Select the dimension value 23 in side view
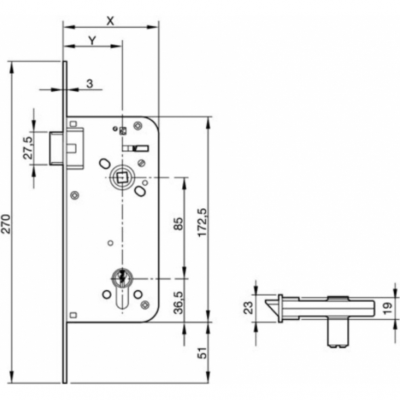click(249, 308)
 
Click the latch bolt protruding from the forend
click(58, 148)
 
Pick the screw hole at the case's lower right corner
click(146, 304)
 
